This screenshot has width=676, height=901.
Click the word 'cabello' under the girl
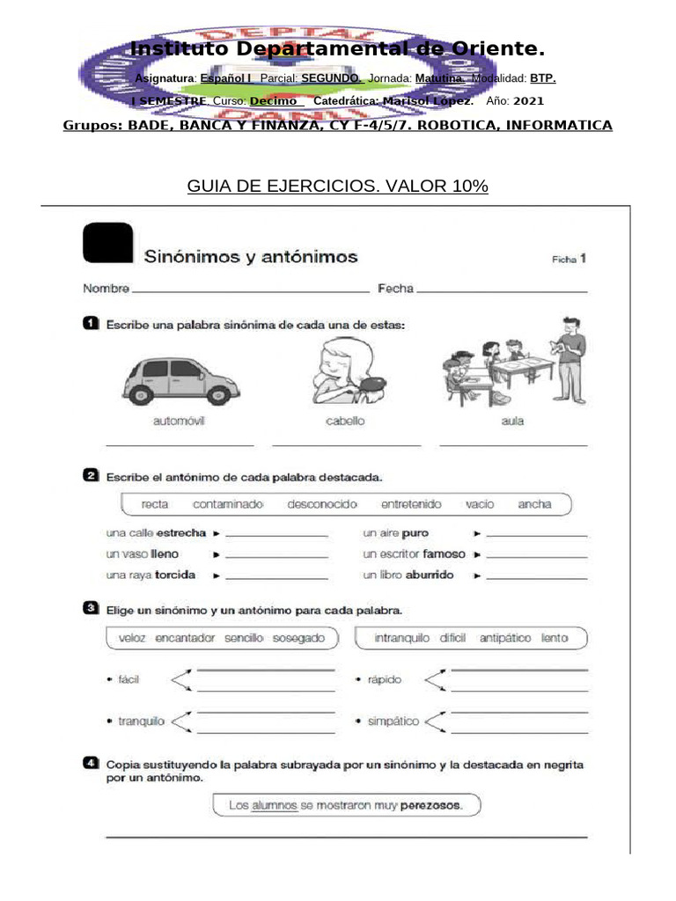[345, 421]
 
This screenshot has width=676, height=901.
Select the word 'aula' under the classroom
[512, 421]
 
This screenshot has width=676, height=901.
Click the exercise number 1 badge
[91, 325]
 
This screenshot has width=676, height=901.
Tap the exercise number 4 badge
[91, 764]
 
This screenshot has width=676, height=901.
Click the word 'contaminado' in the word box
[228, 504]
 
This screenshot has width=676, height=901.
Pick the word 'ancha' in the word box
[534, 504]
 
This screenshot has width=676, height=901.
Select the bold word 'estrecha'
[180, 533]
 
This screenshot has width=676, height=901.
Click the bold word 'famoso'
[444, 554]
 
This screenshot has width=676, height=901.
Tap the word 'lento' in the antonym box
[555, 638]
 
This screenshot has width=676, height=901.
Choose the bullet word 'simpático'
[393, 722]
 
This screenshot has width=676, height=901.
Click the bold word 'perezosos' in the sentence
[430, 805]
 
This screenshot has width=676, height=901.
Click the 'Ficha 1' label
[568, 259]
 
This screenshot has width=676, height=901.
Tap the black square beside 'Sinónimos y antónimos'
[107, 243]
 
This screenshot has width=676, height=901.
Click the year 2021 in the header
[528, 101]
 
